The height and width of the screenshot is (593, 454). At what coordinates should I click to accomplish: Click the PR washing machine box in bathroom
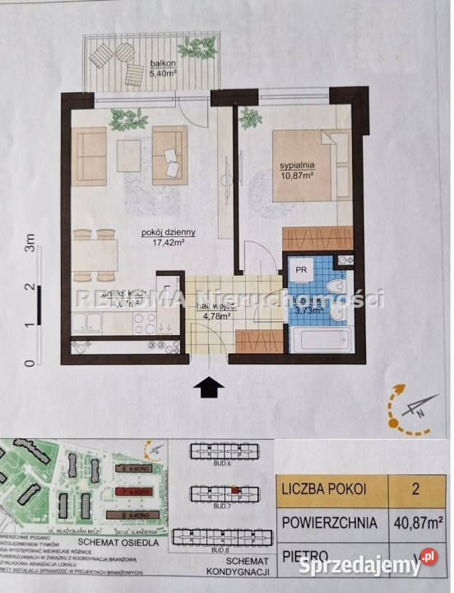[303, 268]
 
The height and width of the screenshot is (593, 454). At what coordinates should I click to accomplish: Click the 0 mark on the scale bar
[30, 362]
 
